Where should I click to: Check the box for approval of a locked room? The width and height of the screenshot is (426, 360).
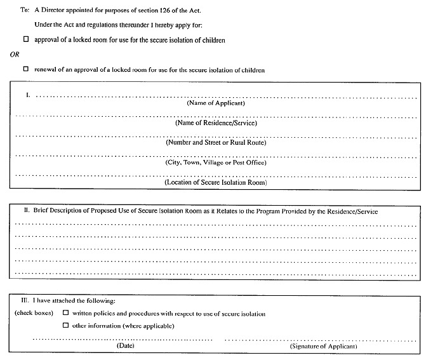click(26, 39)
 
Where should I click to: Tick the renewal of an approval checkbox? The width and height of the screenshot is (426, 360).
click(26, 69)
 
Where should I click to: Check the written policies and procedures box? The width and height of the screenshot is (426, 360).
click(65, 313)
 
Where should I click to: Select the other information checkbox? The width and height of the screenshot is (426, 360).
click(65, 326)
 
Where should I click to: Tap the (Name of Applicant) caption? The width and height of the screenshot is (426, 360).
click(215, 103)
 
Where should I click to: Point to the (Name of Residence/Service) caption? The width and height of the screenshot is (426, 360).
click(215, 123)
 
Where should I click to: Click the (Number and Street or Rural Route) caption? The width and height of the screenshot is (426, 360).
click(215, 142)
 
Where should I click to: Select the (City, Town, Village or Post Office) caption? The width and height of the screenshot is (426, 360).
click(215, 163)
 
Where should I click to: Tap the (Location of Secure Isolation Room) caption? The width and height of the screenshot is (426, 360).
click(215, 182)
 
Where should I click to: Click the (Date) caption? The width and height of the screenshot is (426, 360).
click(124, 346)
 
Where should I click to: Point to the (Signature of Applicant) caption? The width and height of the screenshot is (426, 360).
click(323, 346)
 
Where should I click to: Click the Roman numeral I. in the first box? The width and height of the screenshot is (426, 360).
click(28, 95)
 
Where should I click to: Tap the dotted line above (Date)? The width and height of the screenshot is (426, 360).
click(124, 339)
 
